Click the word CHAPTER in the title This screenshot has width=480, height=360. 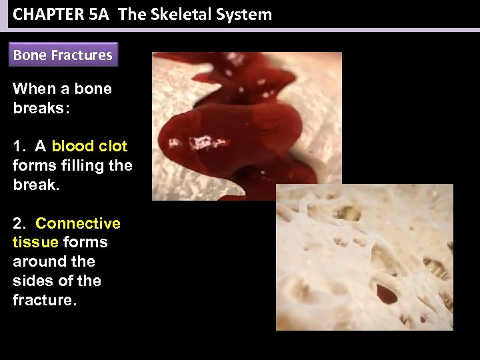tap(47, 15)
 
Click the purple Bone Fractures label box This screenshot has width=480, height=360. tap(63, 55)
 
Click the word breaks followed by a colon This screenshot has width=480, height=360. tap(39, 108)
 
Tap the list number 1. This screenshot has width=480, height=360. tap(18, 146)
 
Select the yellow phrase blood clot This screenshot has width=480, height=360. tap(89, 146)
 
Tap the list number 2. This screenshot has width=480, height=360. tap(18, 223)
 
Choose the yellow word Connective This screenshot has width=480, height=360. tap(78, 223)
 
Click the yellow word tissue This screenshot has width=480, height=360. tap(35, 243)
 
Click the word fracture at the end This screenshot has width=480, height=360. tap(44, 301)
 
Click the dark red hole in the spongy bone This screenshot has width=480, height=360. tap(387, 293)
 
